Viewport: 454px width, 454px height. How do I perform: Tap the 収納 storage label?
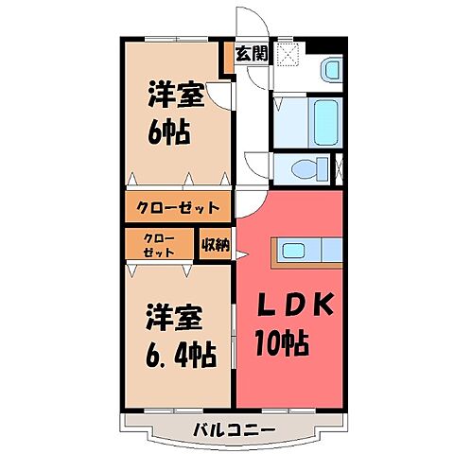pos(215,245)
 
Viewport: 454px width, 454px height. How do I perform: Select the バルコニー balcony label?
pos(234,431)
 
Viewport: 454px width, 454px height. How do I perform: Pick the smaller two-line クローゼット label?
pos(158,245)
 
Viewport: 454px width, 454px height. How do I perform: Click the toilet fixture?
pos(305,170)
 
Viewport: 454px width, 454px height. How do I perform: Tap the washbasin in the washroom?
pos(329,70)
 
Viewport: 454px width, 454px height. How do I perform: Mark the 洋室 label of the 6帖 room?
pos(174,96)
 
